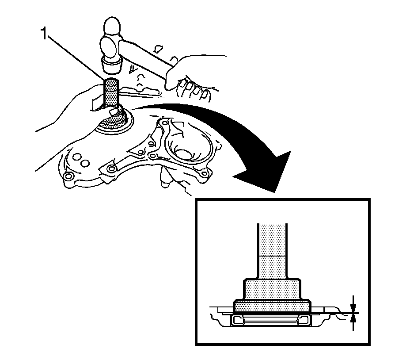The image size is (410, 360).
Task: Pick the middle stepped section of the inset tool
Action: [272, 290]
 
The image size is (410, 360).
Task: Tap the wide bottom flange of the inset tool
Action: [273, 306]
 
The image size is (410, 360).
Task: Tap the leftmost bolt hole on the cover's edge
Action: [68, 177]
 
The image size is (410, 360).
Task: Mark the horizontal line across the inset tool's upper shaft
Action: [272, 256]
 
